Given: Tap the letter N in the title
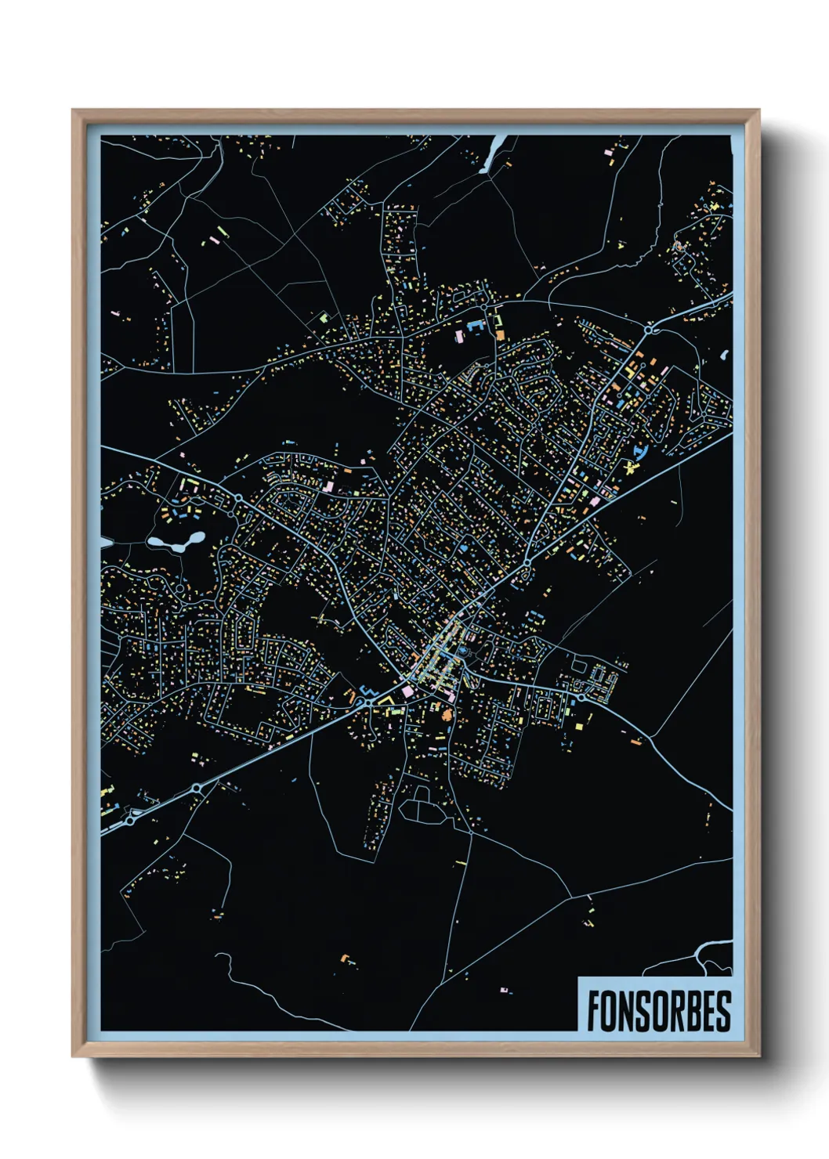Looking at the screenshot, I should click(628, 1011).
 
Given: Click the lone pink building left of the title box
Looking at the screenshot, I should click(504, 990).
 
